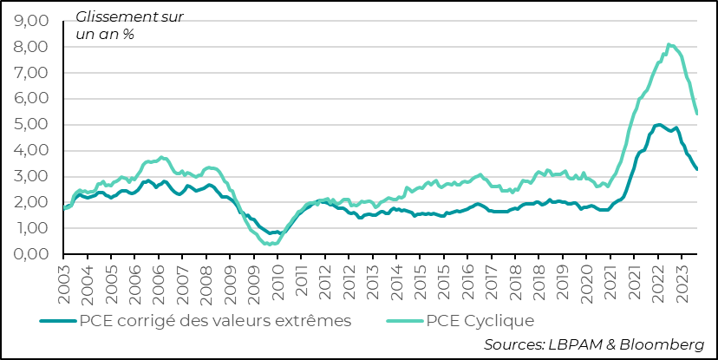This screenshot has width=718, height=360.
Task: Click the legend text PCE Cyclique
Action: point(480,321)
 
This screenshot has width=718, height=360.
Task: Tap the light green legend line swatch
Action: point(403,321)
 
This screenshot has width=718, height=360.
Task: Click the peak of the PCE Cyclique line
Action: point(669,44)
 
